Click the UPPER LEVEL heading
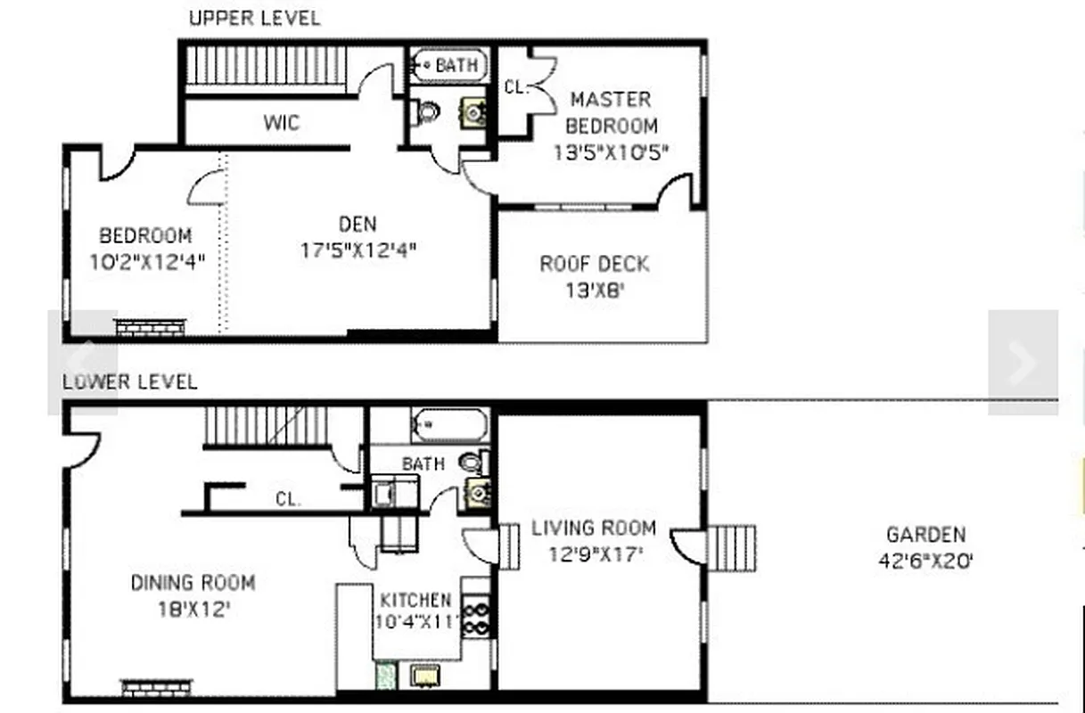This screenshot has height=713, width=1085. pos(254,18)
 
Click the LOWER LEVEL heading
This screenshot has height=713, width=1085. pos(129,382)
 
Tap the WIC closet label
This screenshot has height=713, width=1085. pos(281,122)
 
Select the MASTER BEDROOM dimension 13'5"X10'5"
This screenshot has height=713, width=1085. pos(611,152)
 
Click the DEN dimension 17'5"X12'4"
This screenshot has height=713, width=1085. pos(358,251)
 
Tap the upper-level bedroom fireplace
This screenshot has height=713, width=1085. pos(151,327)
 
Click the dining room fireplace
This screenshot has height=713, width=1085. pos(156,687)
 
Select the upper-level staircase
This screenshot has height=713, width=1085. pos(266,66)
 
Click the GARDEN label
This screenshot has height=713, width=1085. pos(925,535)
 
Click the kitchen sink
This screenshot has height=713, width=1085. pos(425,676)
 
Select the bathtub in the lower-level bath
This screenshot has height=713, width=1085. pos(450,425)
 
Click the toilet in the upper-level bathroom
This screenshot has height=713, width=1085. pos(427,112)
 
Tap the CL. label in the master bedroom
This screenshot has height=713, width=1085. pos(516,87)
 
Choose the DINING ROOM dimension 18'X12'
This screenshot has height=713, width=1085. pos(193,611)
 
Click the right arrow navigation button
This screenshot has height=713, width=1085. pos(1023,362)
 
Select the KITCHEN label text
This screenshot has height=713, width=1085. pos(415,600)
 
